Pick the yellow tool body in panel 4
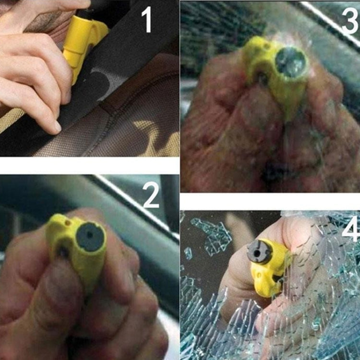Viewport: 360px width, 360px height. [269, 276]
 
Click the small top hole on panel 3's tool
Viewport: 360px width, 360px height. [266, 47]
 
